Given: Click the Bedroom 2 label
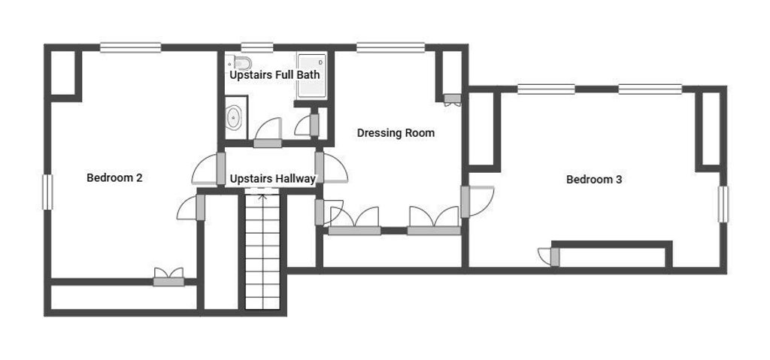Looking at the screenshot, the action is pyautogui.click(x=114, y=178).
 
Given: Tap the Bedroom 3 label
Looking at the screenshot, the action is pyautogui.click(x=594, y=180).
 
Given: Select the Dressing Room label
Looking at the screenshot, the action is pyautogui.click(x=396, y=133).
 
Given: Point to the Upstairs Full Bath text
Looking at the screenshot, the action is pyautogui.click(x=275, y=75).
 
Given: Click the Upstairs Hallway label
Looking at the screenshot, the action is pyautogui.click(x=272, y=180).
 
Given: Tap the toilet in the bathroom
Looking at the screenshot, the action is pyautogui.click(x=240, y=63).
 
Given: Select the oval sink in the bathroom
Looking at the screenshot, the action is pyautogui.click(x=233, y=118).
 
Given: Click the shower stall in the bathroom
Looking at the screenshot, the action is pyautogui.click(x=312, y=76).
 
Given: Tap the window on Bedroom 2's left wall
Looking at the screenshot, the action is pyautogui.click(x=47, y=192).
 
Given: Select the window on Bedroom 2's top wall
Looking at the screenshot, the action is pyautogui.click(x=131, y=47).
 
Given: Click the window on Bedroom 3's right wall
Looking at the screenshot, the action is pyautogui.click(x=723, y=204).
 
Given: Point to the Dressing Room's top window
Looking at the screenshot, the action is pyautogui.click(x=391, y=47).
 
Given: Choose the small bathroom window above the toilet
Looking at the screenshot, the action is pyautogui.click(x=257, y=47).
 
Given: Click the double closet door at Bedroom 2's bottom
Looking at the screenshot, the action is pyautogui.click(x=168, y=277).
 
